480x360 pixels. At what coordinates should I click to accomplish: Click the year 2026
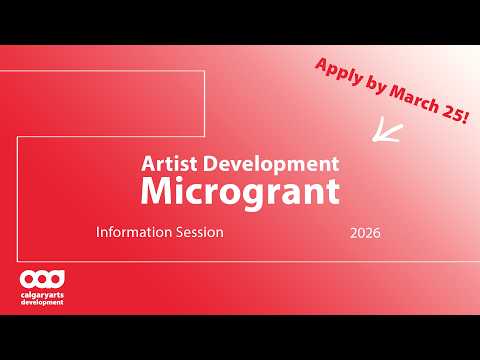point(365,233)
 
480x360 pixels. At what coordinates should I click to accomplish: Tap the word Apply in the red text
point(336,73)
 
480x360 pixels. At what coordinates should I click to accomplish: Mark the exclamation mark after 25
point(461,117)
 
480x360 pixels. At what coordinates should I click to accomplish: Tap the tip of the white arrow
point(374,138)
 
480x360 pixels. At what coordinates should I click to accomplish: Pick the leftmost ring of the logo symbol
point(28,277)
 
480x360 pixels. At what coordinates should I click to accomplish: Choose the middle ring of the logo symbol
point(42,277)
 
